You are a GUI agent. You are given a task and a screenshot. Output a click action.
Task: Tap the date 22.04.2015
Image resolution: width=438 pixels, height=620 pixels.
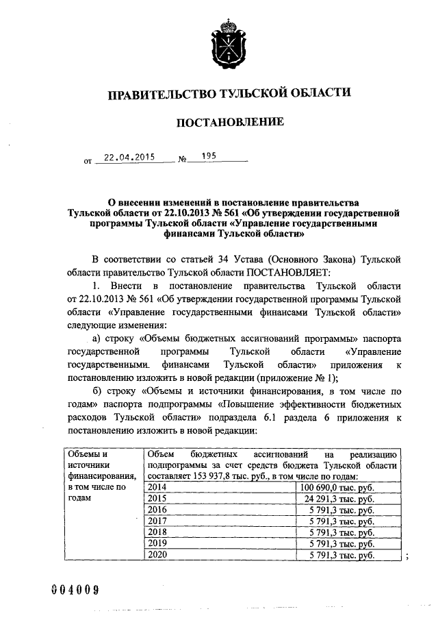click(x=125, y=157)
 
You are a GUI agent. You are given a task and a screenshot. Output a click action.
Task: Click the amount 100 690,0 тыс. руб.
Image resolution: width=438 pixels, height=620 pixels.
click(x=339, y=487)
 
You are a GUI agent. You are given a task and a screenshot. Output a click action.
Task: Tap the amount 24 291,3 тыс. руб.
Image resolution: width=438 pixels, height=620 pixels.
click(x=341, y=499)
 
